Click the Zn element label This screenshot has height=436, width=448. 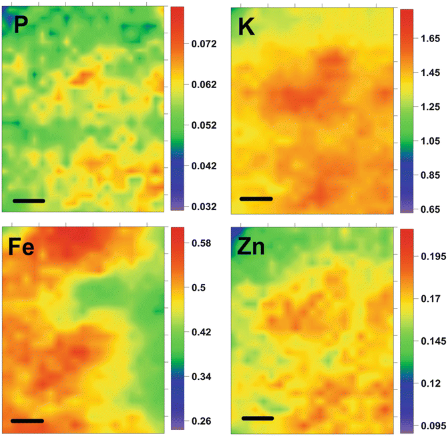coord(252,248)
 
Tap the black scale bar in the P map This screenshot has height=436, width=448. coord(29,200)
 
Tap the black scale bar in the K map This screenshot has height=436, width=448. coord(256,199)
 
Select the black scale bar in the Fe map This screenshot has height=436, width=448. coord(27,421)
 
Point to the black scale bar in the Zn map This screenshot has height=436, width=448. coord(258,419)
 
